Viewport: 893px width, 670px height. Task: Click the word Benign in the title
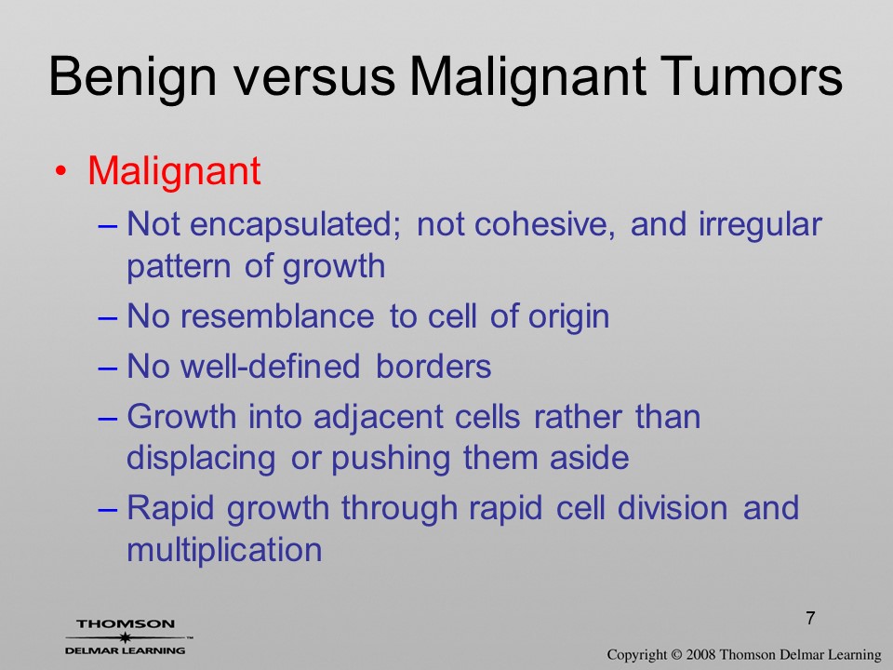pyautogui.click(x=133, y=77)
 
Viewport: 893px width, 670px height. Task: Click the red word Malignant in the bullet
pyautogui.click(x=174, y=171)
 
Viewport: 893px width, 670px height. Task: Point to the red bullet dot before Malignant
pyautogui.click(x=61, y=170)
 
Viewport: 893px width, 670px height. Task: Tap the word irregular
pyautogui.click(x=760, y=225)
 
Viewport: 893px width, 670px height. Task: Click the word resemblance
pyautogui.click(x=277, y=315)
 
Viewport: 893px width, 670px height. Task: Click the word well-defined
pyautogui.click(x=271, y=366)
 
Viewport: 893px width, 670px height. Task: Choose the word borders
pyautogui.click(x=433, y=366)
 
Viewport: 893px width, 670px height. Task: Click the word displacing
pyautogui.click(x=201, y=460)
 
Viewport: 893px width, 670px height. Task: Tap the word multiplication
pyautogui.click(x=224, y=549)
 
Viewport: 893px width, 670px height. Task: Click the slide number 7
pyautogui.click(x=810, y=618)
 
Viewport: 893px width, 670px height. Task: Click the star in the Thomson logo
pyautogui.click(x=124, y=636)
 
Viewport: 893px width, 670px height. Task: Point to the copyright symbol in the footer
pyautogui.click(x=676, y=655)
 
